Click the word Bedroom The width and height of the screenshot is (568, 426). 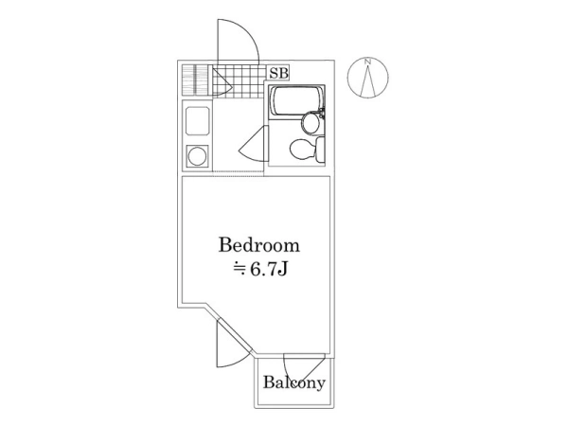point(259,245)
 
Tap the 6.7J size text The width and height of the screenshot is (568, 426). point(260,269)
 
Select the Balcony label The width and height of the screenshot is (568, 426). point(294,382)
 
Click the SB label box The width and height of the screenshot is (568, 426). point(279,73)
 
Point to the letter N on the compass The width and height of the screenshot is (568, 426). point(367,62)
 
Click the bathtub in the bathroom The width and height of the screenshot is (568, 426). point(297,101)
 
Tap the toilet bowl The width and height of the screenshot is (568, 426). point(303,150)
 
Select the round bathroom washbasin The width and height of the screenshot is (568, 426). point(311,122)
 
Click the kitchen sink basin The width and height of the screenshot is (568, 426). point(198,121)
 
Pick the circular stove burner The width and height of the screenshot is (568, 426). point(198,156)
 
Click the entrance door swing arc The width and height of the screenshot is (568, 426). point(238,40)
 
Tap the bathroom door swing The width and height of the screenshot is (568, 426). point(254,144)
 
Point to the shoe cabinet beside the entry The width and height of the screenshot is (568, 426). point(196,80)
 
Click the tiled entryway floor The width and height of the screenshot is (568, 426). point(239,81)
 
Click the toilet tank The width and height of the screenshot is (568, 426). point(320,150)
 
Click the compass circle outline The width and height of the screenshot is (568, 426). point(367,78)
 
